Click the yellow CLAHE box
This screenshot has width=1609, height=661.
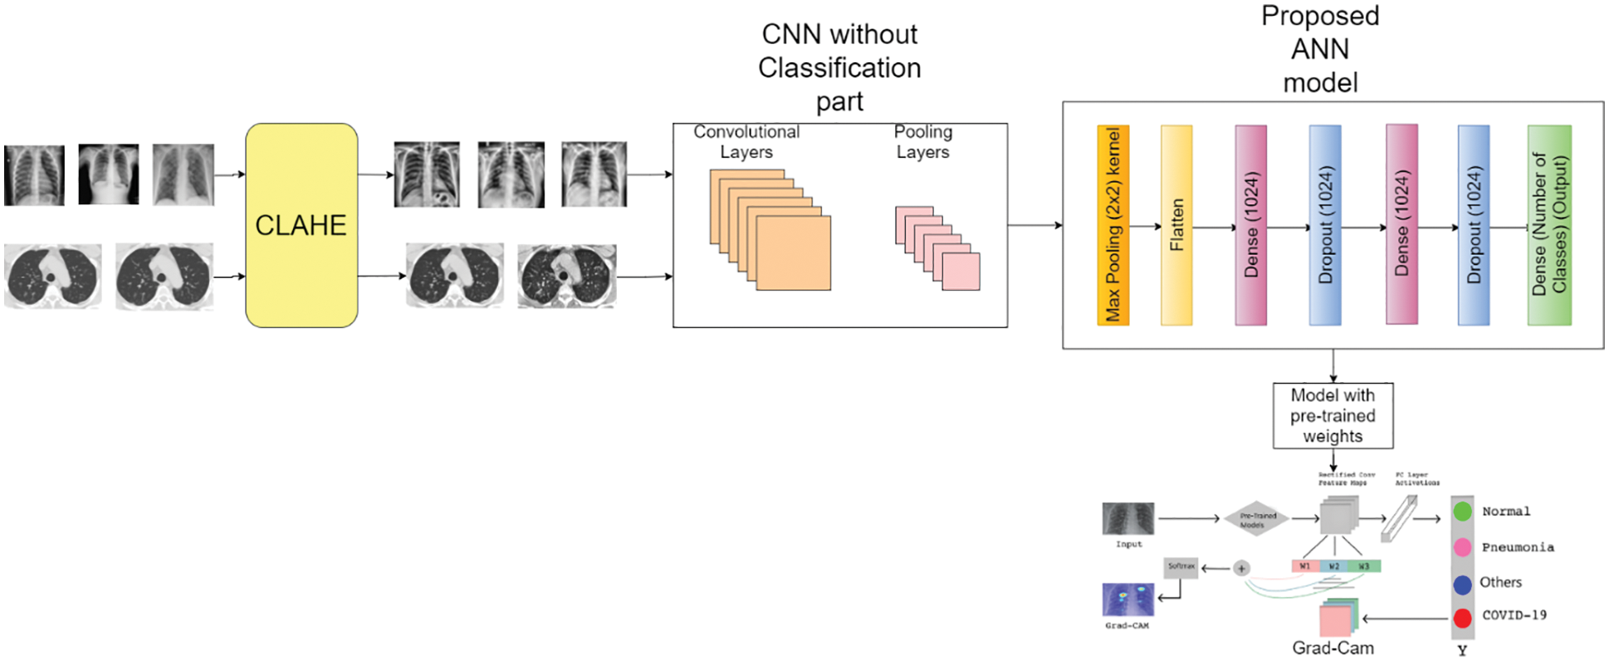301,225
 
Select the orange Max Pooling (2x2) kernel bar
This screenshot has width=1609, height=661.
1113,225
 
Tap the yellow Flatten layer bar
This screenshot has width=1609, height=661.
1176,225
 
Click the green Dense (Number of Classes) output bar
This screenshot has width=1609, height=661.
1548,225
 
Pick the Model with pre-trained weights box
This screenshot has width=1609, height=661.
1333,415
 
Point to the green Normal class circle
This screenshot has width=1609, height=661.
1463,512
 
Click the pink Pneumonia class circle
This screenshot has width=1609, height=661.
1463,547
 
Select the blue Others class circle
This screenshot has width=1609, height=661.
1463,584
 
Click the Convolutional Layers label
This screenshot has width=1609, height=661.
746,142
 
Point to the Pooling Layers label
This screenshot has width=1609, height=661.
922,142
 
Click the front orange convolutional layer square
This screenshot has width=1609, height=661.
793,253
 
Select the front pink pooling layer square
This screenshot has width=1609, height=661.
961,272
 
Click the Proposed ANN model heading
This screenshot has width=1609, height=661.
1320,49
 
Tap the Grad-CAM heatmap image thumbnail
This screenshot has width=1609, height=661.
1127,600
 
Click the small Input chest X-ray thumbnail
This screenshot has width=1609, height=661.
1127,519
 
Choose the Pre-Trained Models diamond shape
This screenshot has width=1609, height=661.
1257,520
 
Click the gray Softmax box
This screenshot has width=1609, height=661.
1181,567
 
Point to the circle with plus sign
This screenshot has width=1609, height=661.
1241,569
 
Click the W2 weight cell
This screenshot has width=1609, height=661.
1334,566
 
